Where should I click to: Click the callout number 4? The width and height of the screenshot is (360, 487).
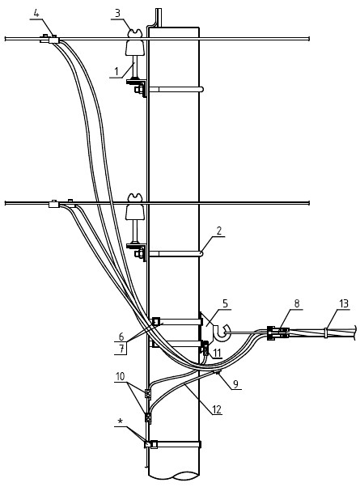coord(36,14)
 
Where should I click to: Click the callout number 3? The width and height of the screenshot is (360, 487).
coord(117,13)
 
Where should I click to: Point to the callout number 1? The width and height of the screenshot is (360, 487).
coord(116,71)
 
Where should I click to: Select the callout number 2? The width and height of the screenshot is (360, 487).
coord(219,231)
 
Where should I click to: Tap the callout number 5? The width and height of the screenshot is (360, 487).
coord(225,303)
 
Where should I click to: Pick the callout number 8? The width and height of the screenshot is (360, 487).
coord(297,303)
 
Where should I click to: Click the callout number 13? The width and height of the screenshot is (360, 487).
coord(344,303)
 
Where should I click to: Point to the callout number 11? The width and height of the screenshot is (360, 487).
coord(218,353)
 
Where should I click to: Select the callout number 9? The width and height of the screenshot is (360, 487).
coord(235,384)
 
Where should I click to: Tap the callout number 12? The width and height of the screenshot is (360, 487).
coord(217,409)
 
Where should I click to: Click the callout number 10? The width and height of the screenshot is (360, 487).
coord(120,376)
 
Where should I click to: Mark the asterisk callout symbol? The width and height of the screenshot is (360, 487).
coord(121,421)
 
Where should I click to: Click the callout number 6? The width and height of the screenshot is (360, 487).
coord(121,336)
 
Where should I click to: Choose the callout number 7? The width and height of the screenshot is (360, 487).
coord(122,349)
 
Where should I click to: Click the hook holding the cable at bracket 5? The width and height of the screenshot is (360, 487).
coord(222,332)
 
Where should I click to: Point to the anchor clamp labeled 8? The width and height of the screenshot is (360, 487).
coord(278,333)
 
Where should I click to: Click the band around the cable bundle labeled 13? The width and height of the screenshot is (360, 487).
coord(325,332)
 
